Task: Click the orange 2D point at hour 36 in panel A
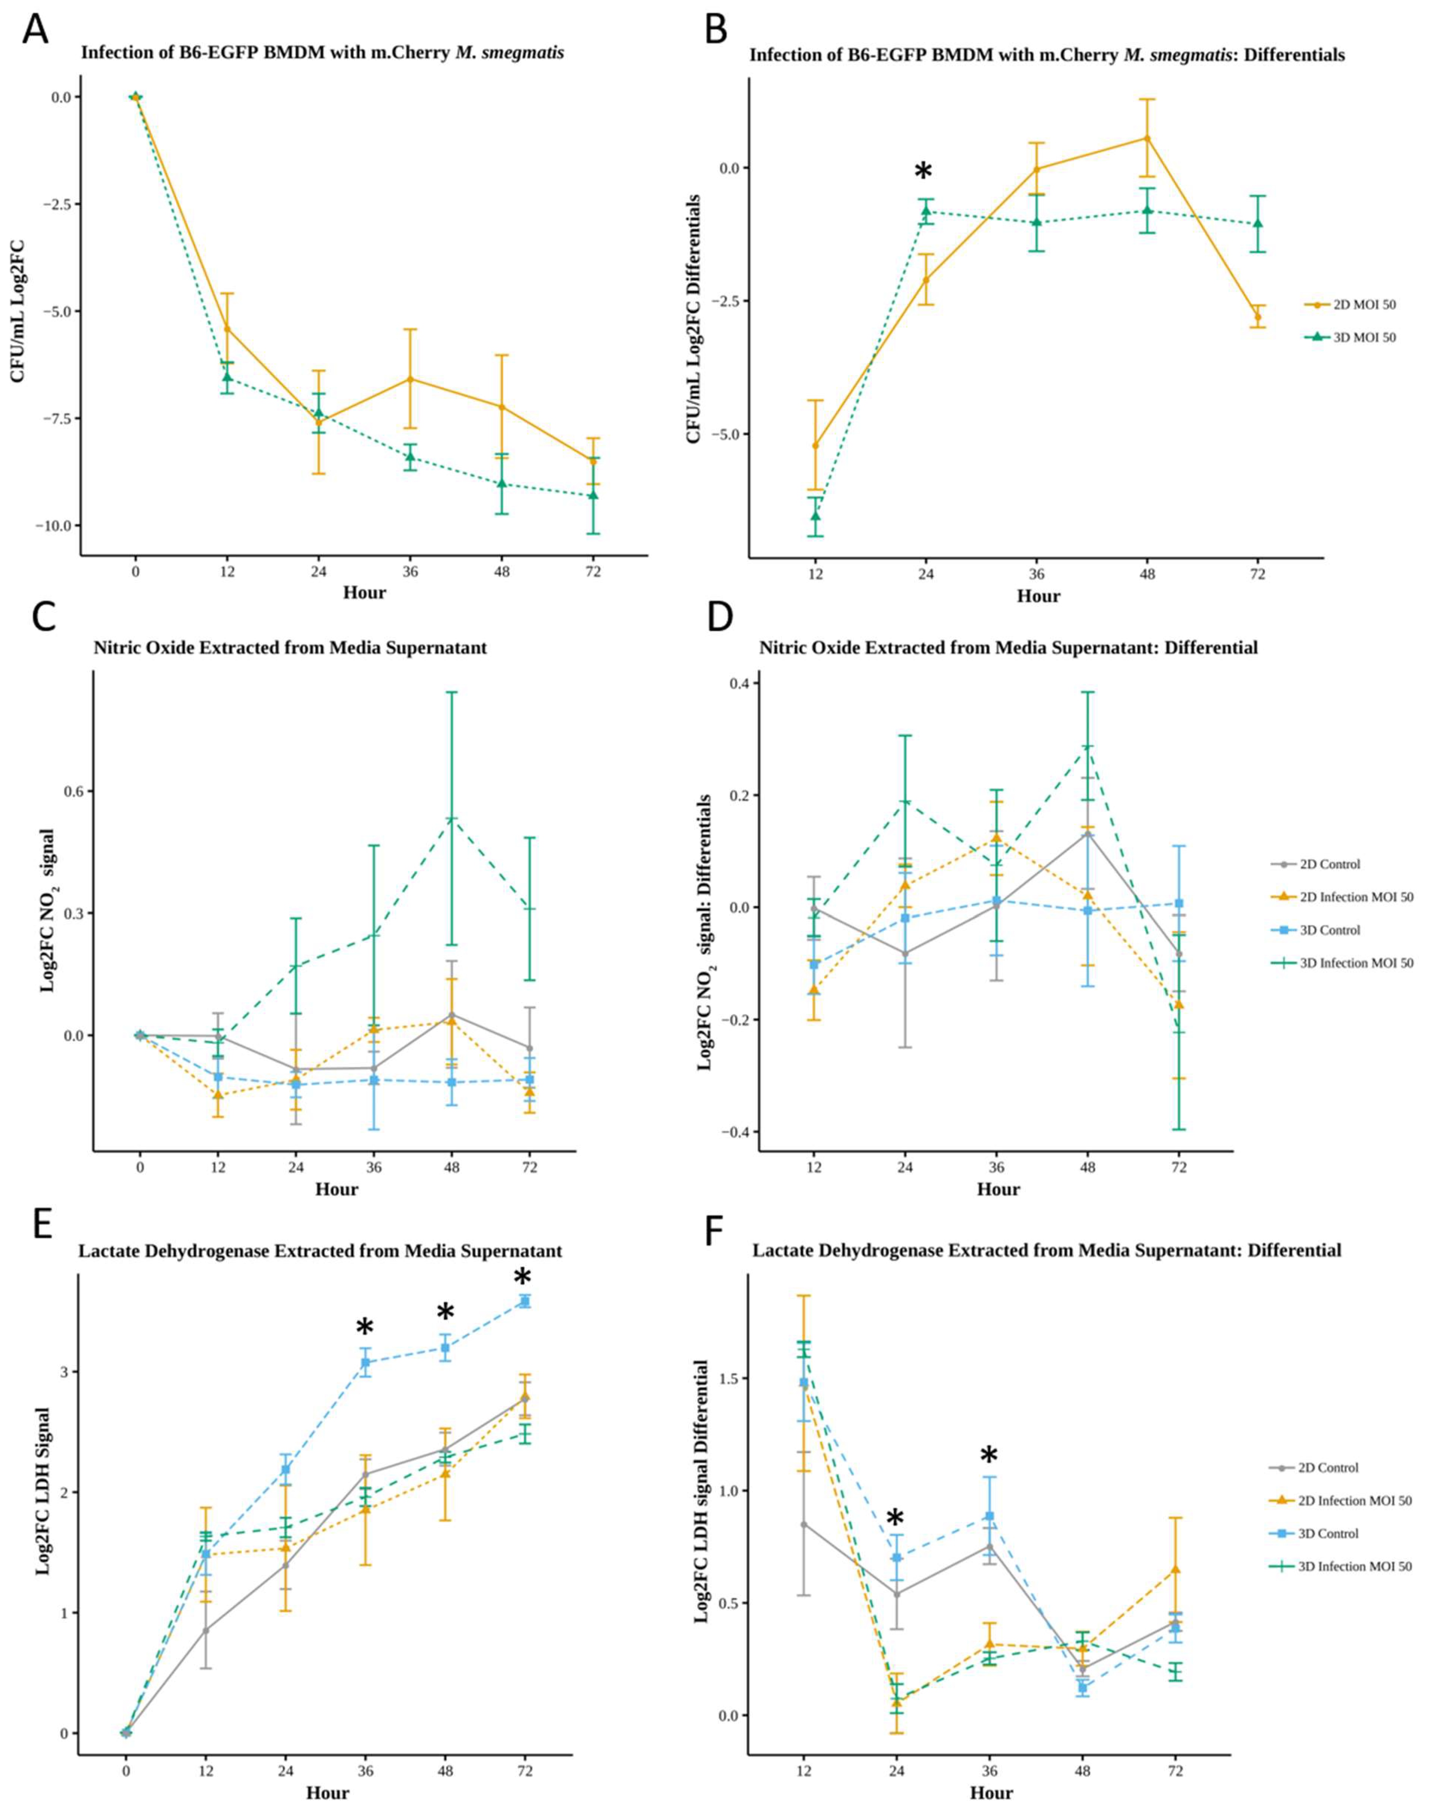410,379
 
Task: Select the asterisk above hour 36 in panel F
989,1457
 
